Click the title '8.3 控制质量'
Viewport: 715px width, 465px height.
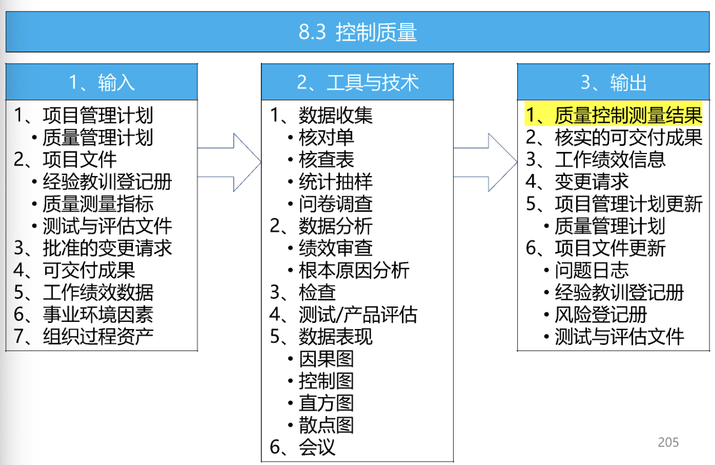(357, 32)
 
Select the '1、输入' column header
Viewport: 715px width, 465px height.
(102, 82)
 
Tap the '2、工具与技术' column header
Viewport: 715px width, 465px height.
(357, 82)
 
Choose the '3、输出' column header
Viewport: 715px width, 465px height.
(613, 82)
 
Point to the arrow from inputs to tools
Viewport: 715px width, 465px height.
(230, 162)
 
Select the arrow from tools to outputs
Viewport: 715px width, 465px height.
(485, 162)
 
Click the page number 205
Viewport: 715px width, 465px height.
(668, 442)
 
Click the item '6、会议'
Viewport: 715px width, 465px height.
(302, 447)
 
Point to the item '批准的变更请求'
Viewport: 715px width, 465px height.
(108, 248)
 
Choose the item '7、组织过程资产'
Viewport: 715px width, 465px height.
(83, 337)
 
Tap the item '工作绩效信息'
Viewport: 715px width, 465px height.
(610, 160)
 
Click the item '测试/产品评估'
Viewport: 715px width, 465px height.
(358, 315)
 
